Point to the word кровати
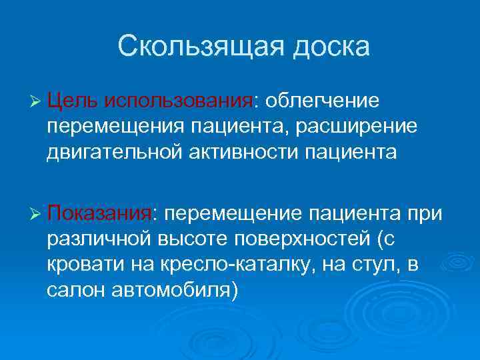pyautogui.click(x=81, y=265)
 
